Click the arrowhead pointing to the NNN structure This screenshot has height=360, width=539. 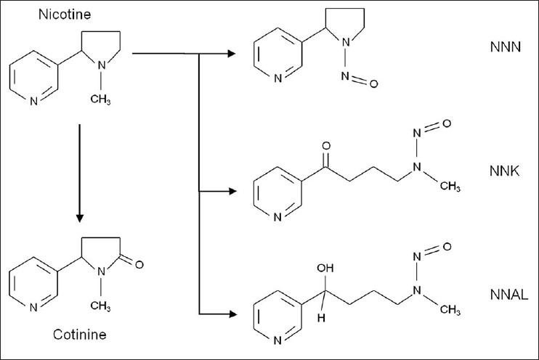point(231,53)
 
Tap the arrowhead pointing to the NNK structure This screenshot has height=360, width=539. point(231,192)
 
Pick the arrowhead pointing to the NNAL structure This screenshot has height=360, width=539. point(231,314)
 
